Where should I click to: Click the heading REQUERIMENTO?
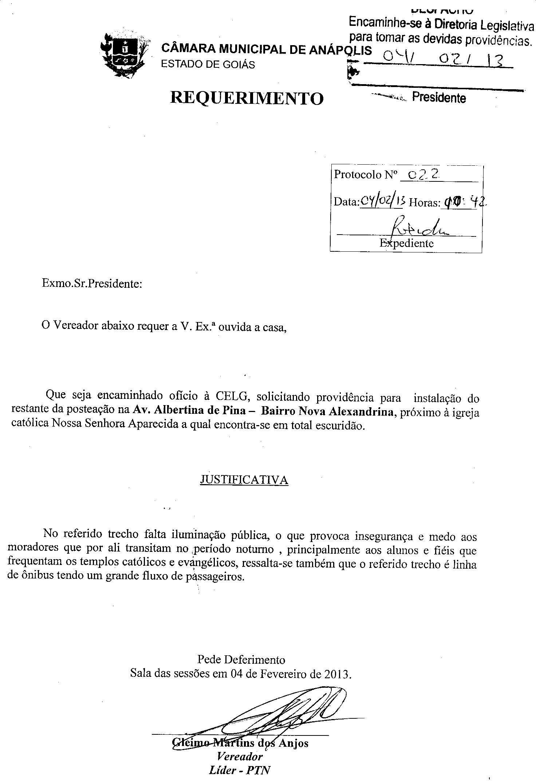[x=247, y=98]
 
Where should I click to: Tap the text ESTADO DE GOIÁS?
[x=208, y=64]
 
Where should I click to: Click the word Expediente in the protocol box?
[x=406, y=243]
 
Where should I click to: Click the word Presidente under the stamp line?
[x=439, y=98]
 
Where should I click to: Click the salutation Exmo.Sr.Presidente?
[x=92, y=283]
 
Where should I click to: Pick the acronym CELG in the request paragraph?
[x=232, y=396]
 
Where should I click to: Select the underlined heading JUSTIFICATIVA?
[x=244, y=480]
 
